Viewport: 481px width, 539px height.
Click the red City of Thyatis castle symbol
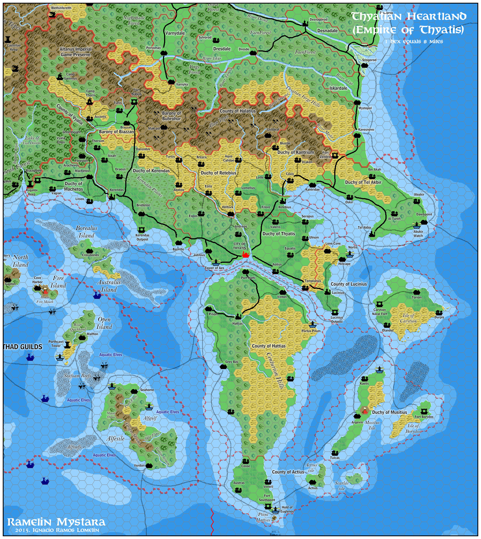click(x=245, y=255)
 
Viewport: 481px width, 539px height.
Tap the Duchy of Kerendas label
click(x=151, y=171)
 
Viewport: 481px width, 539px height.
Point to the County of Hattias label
click(x=269, y=346)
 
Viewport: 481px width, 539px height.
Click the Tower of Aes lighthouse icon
click(x=216, y=262)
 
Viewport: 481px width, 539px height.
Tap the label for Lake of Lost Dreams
click(x=32, y=140)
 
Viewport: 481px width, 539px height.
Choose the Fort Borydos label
click(x=424, y=417)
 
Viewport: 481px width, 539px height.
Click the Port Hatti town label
click(x=248, y=278)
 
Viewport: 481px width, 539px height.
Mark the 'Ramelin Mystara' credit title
click(x=56, y=522)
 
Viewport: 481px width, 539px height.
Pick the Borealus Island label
click(x=86, y=232)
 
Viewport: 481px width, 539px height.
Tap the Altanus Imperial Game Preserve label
click(x=76, y=52)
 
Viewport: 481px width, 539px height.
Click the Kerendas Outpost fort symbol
click(x=142, y=230)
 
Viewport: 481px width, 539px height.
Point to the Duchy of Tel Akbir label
click(x=363, y=182)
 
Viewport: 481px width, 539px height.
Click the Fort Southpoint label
click(x=267, y=498)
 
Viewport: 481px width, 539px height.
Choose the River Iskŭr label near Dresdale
click(x=212, y=58)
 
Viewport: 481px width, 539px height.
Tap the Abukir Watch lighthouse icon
click(x=417, y=226)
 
